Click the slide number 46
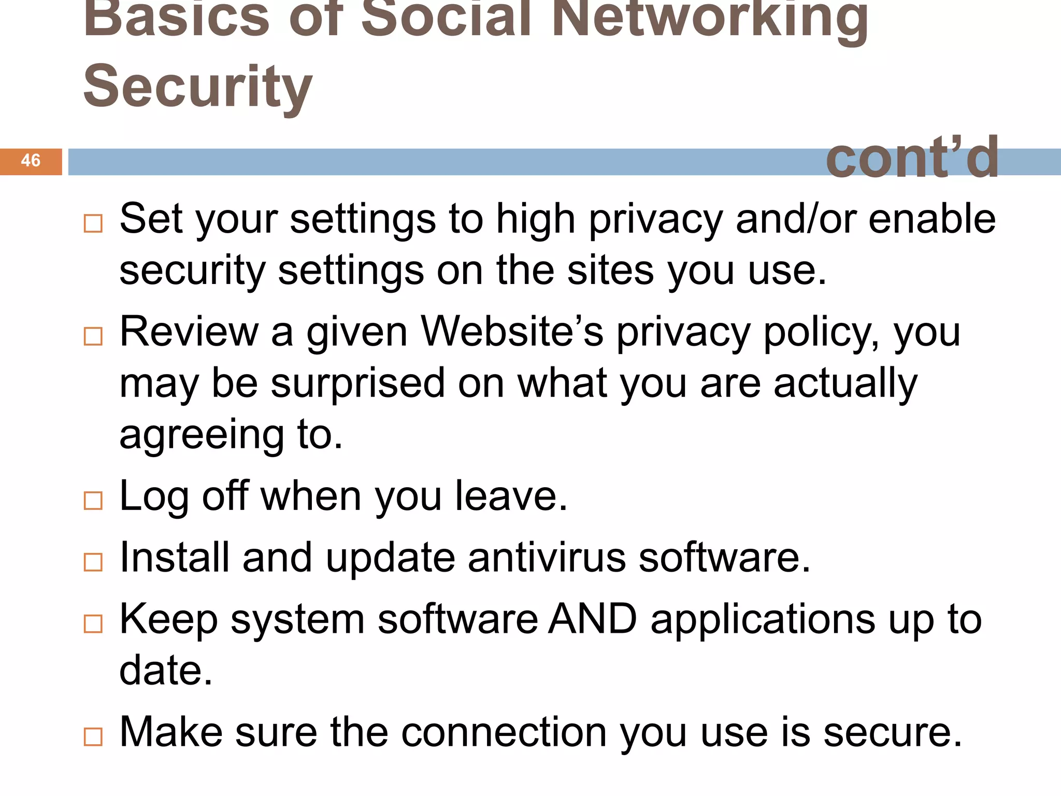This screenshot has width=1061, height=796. tap(31, 161)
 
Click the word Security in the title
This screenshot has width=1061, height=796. tap(197, 87)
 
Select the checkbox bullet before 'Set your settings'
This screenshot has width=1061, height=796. tap(93, 224)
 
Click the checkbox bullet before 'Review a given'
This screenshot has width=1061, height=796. tap(93, 337)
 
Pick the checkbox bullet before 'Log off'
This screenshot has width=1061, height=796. tap(93, 501)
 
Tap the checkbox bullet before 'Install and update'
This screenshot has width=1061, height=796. tap(93, 562)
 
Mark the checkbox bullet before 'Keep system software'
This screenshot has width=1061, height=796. tap(93, 624)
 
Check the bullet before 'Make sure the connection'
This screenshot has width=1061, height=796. tap(93, 737)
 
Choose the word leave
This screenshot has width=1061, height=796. tap(511, 496)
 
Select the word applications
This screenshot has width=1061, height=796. tap(763, 620)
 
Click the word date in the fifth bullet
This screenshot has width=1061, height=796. tap(165, 670)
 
